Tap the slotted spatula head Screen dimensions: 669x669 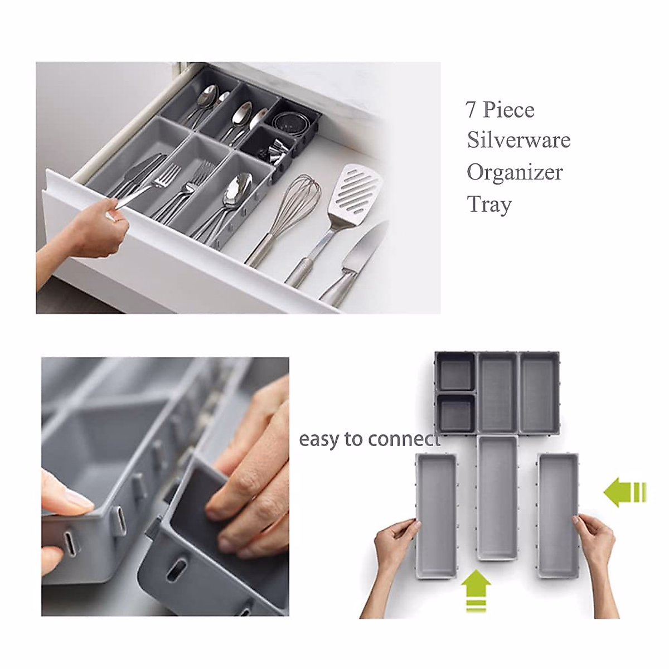(357, 189)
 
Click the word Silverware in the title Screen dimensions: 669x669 (518, 140)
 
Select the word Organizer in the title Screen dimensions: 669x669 (514, 172)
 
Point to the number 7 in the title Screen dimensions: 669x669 (471, 110)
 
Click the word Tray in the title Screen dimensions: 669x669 (489, 205)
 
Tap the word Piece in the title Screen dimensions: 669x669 (509, 110)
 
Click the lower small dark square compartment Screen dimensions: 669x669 (455, 413)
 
